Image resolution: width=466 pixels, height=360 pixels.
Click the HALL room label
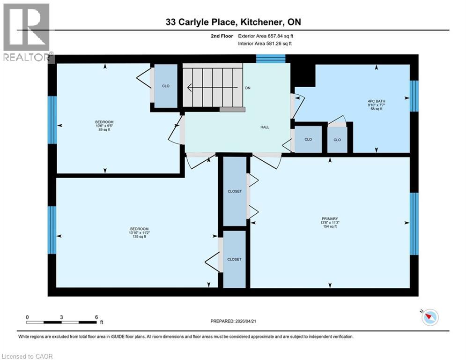click(265, 127)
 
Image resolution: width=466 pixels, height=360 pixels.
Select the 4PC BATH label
click(376, 100)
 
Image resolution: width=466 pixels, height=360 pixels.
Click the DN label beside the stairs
click(248, 88)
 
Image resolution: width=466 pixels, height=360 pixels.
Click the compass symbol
click(429, 317)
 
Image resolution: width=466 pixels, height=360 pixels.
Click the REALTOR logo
click(27, 33)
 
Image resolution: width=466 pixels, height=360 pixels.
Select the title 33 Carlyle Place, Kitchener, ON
click(233, 22)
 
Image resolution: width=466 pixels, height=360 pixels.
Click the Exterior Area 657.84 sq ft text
click(266, 36)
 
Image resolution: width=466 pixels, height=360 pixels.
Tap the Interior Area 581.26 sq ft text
click(265, 44)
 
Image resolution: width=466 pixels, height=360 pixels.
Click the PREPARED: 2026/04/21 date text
click(235, 322)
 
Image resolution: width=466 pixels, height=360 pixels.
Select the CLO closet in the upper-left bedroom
click(166, 86)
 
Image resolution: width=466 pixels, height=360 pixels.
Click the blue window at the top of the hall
click(271, 59)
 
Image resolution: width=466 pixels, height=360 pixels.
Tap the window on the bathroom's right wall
click(414, 96)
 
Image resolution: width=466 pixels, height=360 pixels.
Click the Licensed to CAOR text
click(27, 356)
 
